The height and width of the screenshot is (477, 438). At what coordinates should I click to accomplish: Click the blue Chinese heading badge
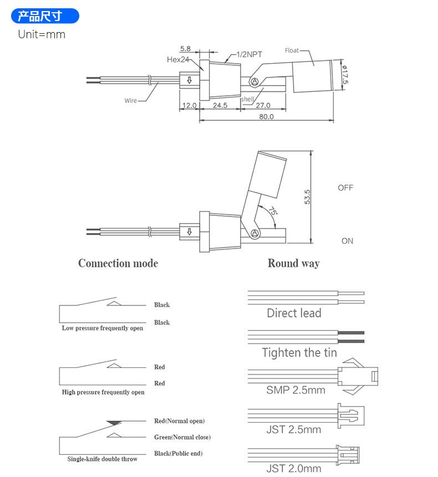(x=45, y=16)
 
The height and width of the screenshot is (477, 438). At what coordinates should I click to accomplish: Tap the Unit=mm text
(x=42, y=34)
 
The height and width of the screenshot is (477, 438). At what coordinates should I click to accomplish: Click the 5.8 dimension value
(x=185, y=48)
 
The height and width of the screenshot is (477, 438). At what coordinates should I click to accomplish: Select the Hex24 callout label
(x=178, y=59)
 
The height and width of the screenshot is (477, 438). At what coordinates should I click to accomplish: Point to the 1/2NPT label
(x=249, y=54)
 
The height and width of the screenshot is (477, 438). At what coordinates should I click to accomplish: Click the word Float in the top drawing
(x=292, y=50)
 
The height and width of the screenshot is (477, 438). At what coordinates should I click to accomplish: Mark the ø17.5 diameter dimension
(x=345, y=75)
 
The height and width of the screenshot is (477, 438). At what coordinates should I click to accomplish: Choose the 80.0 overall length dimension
(x=266, y=117)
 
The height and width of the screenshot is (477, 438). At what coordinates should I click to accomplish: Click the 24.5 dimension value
(x=220, y=105)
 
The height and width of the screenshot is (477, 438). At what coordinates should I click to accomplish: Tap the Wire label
(x=130, y=101)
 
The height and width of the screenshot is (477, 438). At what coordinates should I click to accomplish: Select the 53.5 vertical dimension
(x=307, y=197)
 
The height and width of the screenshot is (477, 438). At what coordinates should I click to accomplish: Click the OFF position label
(x=345, y=188)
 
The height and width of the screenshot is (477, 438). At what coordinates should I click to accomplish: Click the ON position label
(x=347, y=241)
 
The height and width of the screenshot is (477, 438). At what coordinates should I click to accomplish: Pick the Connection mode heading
(x=118, y=263)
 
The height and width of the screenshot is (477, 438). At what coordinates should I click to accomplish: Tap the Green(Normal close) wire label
(x=182, y=437)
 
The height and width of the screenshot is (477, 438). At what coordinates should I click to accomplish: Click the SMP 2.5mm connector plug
(x=358, y=376)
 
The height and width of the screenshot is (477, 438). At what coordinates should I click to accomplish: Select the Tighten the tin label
(x=299, y=352)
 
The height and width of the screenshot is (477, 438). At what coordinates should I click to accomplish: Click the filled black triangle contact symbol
(x=114, y=423)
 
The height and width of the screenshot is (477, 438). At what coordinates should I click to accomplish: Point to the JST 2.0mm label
(x=294, y=469)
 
